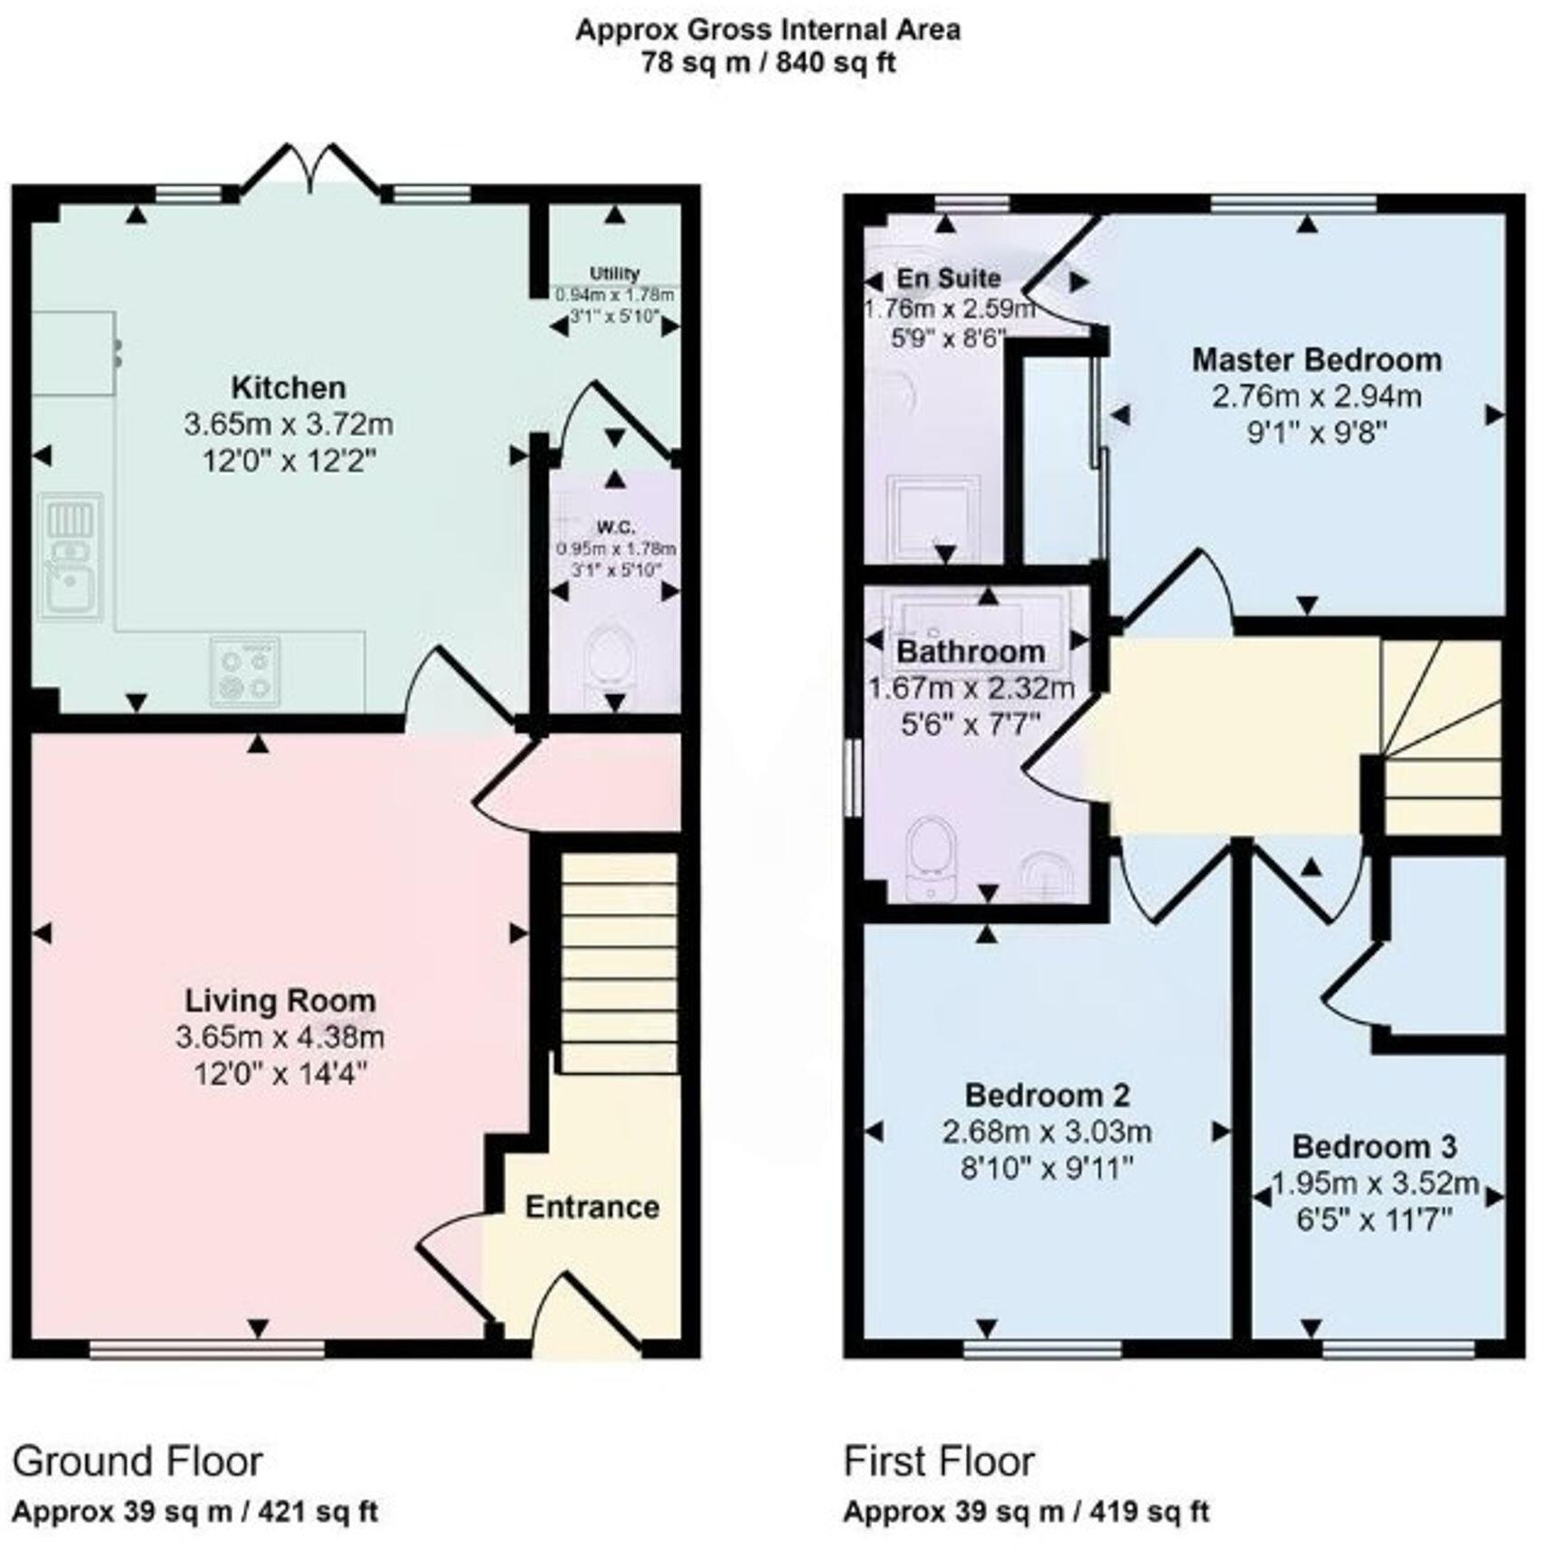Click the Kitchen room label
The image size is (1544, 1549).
click(x=289, y=387)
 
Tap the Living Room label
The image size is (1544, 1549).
click(x=280, y=1001)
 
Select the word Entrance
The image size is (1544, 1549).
click(x=592, y=1207)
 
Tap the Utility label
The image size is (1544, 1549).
click(x=614, y=273)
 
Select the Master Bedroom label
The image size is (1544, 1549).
click(x=1316, y=360)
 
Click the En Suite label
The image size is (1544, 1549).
click(x=949, y=278)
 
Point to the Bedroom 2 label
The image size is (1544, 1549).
click(x=1047, y=1096)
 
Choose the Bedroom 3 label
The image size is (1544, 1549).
click(x=1374, y=1147)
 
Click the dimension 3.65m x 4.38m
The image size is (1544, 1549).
click(x=280, y=1038)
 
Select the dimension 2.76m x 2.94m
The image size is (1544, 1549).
click(x=1316, y=396)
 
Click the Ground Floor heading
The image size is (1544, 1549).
click(x=137, y=1461)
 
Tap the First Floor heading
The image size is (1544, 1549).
click(x=939, y=1461)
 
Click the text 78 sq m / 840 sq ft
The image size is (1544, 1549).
click(x=768, y=63)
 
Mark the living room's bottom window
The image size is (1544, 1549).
click(x=207, y=1350)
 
